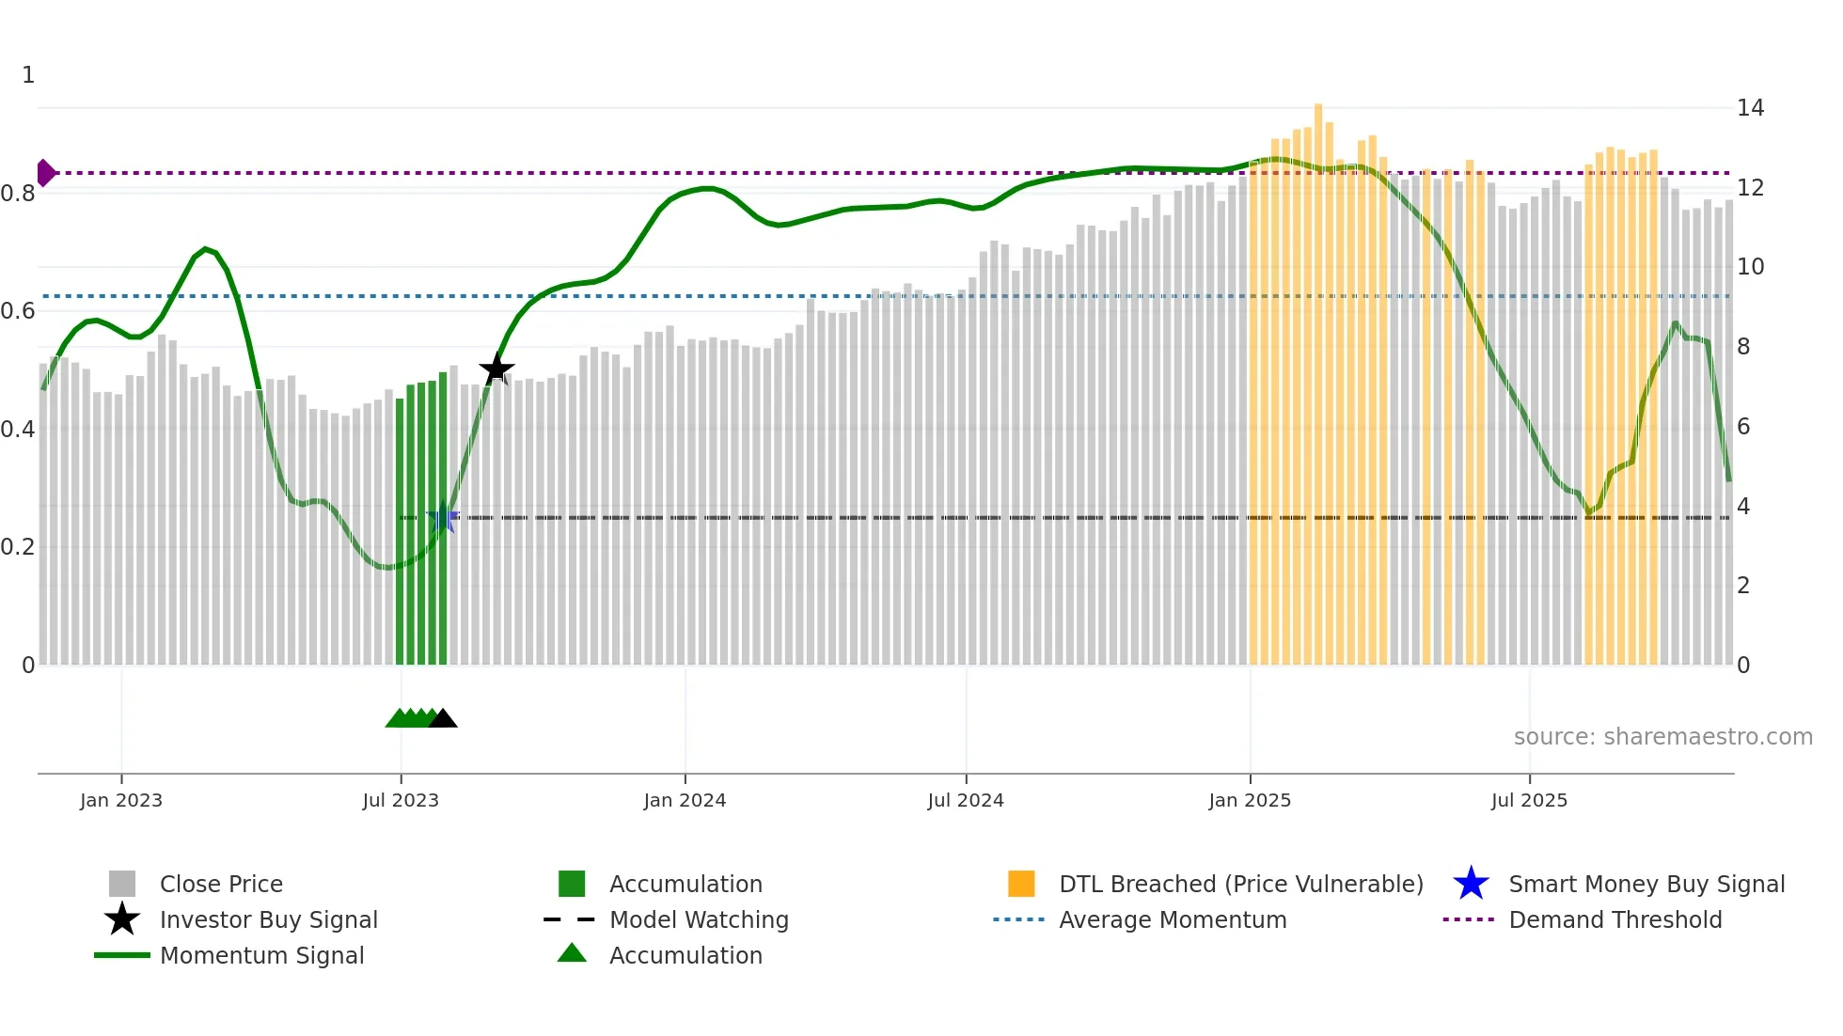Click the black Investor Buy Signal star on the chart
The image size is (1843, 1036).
pos(496,369)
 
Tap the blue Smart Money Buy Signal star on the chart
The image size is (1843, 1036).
pos(443,518)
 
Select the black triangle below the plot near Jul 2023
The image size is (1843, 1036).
pos(443,719)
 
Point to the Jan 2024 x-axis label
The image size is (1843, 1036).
pos(685,800)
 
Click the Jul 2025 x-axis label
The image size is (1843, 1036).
pos(1529,800)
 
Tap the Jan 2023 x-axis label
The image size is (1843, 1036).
pos(121,800)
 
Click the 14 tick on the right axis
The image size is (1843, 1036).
pos(1750,108)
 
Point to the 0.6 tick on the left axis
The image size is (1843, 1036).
pos(19,311)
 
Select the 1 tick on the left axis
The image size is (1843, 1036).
pos(28,75)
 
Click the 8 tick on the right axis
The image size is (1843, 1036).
pos(1743,347)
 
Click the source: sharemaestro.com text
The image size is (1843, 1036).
pos(1662,737)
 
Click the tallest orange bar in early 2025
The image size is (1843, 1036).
pos(1318,376)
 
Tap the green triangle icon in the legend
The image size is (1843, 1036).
pos(572,954)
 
